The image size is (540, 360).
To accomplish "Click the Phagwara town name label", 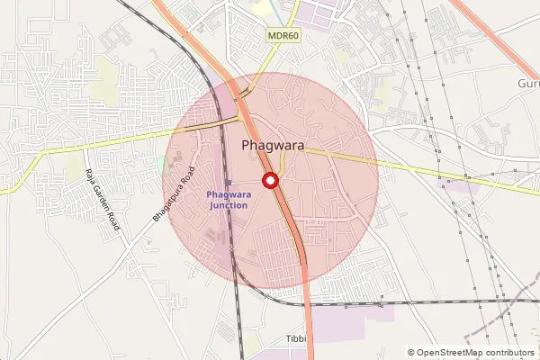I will pos(273,144).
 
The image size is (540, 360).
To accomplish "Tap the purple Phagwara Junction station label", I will pos(228,200).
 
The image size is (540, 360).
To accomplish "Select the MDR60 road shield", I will pos(283,35).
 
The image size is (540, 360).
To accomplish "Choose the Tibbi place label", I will pos(296,338).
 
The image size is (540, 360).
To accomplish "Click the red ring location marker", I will pos(268,180).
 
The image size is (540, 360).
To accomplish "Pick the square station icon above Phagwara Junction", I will pos(228,183).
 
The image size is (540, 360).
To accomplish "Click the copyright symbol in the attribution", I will pos(411,353).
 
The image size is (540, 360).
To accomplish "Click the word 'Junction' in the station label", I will pos(228,205).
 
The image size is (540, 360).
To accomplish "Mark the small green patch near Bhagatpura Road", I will pos(163,166).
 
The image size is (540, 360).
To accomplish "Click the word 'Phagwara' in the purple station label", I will pos(228,194).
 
